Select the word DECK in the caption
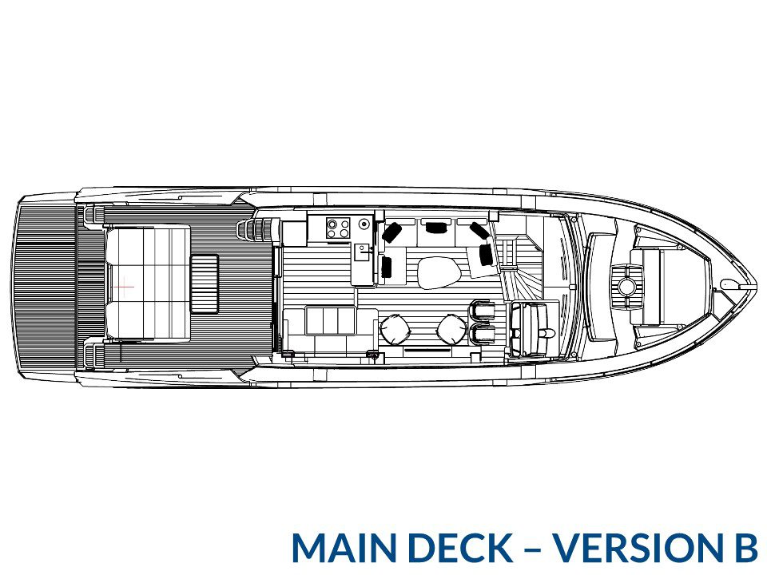467,547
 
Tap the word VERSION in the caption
632,547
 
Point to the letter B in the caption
739,547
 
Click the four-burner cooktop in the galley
338,228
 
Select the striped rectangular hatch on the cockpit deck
204,284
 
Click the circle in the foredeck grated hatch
626,286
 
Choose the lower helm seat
483,334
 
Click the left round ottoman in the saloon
395,329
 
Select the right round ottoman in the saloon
452,329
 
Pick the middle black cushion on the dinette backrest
436,227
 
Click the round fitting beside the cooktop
364,224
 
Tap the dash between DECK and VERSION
533,549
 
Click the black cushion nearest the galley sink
387,267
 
